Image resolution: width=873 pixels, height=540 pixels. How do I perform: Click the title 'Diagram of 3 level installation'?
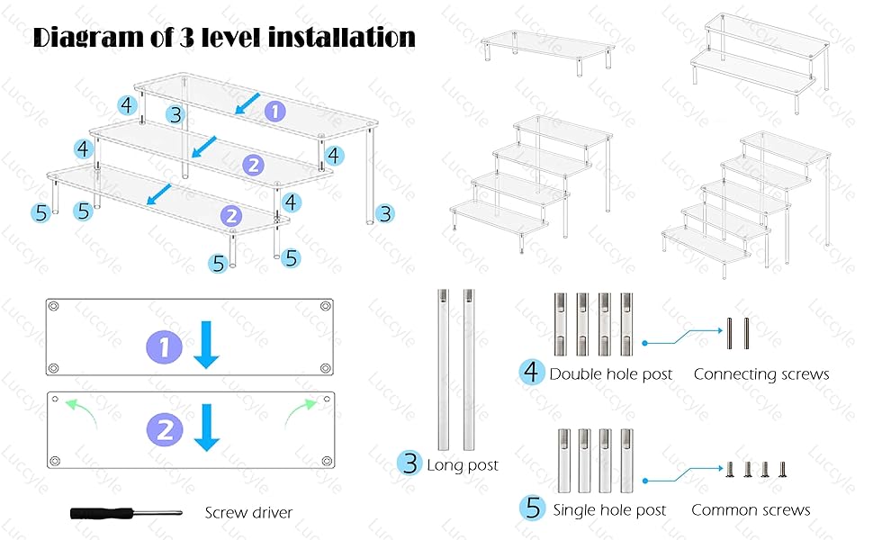click(x=224, y=38)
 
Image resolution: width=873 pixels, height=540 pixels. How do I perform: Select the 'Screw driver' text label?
click(x=248, y=513)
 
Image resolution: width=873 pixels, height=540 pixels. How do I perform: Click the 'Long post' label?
click(x=463, y=465)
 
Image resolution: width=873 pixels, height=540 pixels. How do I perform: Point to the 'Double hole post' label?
click(x=610, y=373)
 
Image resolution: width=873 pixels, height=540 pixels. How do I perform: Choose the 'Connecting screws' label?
click(x=760, y=373)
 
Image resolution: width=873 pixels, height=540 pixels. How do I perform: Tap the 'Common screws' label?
click(x=751, y=510)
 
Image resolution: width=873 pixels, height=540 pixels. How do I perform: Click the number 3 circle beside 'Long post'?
click(x=410, y=464)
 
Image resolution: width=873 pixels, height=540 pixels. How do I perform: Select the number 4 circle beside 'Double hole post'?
click(x=532, y=372)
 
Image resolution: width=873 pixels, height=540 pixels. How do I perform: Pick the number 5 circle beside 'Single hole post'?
click(x=532, y=508)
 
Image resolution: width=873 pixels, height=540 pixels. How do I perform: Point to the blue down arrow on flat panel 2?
click(x=207, y=427)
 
